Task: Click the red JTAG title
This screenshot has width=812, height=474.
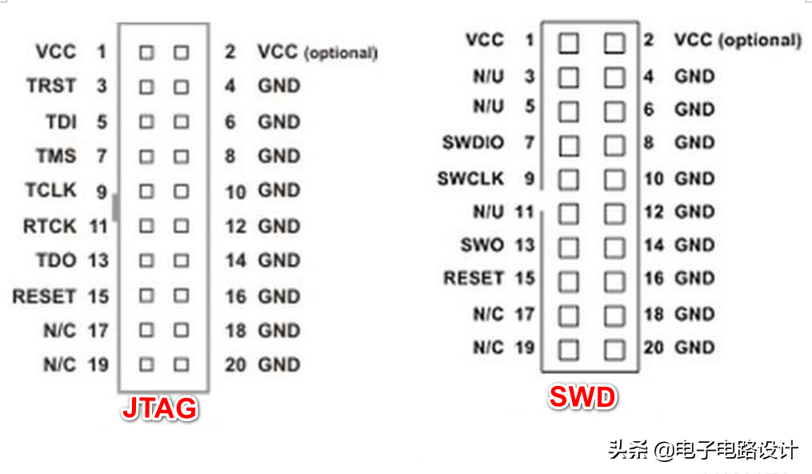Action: point(159,408)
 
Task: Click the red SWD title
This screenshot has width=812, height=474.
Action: point(582,397)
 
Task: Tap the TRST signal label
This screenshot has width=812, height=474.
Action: point(51,86)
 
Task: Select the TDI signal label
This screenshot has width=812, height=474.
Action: point(61,122)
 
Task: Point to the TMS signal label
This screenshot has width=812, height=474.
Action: point(56,156)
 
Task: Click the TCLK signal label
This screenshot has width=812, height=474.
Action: point(50,190)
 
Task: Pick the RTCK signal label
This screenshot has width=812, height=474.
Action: point(50,226)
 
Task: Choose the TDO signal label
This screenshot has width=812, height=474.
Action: point(56,261)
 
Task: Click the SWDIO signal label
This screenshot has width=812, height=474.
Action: point(474,142)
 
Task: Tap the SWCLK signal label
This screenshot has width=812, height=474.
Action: point(470,178)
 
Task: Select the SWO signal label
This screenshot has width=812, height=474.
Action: point(482,245)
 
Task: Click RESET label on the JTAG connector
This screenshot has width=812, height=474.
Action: point(45,297)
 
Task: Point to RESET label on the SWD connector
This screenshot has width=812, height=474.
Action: point(474,278)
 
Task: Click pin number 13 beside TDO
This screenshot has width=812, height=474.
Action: point(98,261)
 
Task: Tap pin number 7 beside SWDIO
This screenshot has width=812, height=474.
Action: point(530,142)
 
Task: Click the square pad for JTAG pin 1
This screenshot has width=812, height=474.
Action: point(146,52)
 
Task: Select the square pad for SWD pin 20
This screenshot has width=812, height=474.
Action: point(614,350)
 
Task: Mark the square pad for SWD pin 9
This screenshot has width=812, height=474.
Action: point(569,180)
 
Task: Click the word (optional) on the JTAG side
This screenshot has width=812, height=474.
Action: point(341,53)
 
